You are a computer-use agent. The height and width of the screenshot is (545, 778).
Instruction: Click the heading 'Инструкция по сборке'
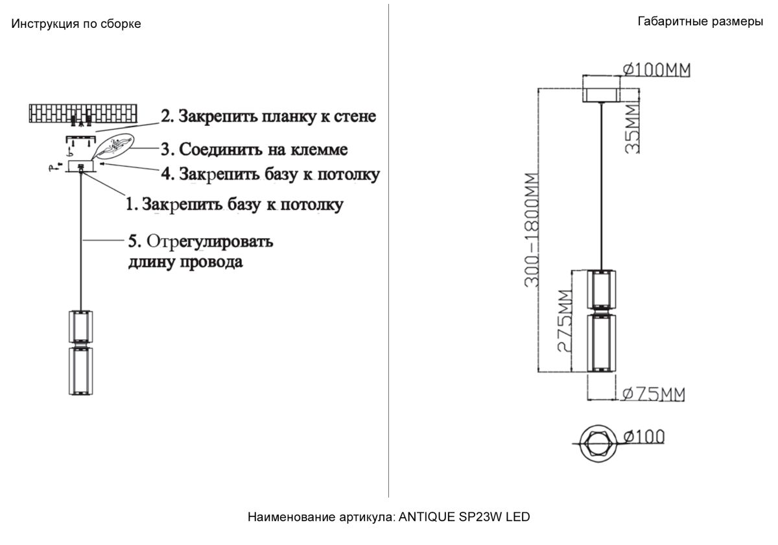76,24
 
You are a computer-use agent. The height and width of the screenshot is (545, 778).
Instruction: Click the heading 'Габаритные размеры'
700,22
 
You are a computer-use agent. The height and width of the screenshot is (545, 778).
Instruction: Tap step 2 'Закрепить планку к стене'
268,117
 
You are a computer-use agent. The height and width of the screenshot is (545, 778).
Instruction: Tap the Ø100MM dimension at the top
656,69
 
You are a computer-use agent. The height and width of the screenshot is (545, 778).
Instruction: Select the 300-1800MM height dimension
532,230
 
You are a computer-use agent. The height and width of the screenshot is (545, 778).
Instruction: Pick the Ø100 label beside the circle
644,437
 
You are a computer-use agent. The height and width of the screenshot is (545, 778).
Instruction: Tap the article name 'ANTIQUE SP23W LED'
464,517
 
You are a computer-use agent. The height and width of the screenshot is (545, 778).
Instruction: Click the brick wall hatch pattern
84,112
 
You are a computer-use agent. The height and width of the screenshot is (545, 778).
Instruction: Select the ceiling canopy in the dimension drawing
602,89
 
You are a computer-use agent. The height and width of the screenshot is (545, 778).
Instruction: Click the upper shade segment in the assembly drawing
81,326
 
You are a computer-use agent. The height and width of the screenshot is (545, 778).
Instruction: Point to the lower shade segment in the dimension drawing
601,343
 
